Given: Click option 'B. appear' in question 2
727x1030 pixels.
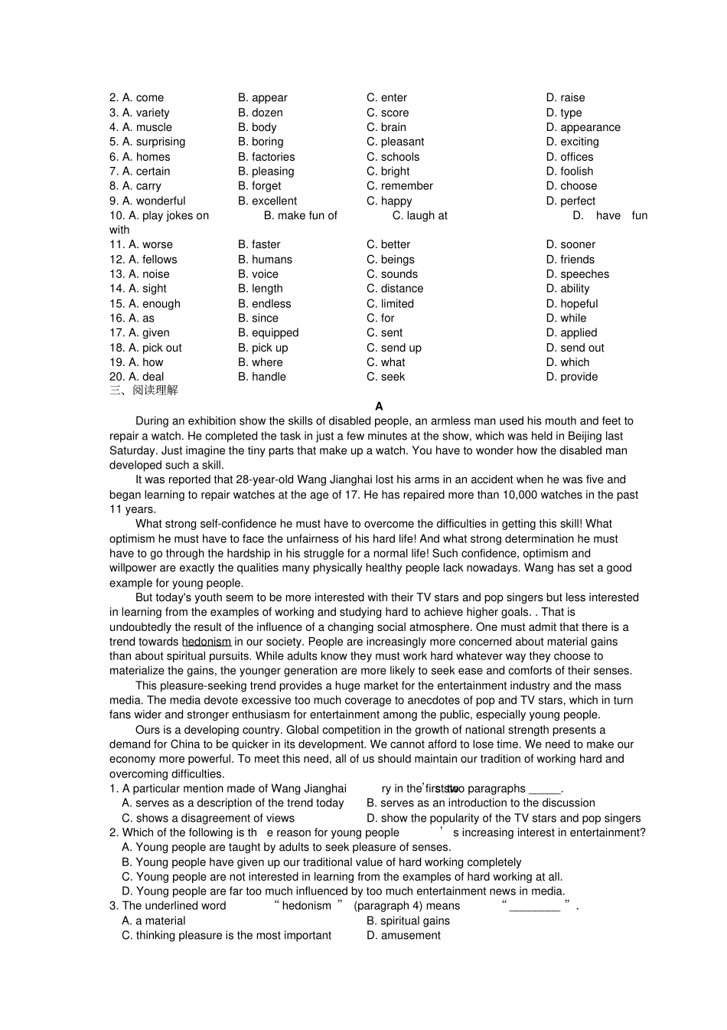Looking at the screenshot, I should coord(262,98).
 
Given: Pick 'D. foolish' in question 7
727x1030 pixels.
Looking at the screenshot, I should coord(569,172).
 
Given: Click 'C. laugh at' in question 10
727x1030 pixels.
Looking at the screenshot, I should coord(419,216).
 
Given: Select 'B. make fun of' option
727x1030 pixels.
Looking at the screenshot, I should coord(300,216).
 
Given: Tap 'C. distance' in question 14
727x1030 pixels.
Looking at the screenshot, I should coord(394,289).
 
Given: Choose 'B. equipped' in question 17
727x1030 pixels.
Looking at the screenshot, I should coord(268,333).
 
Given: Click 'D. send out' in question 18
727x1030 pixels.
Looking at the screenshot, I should coord(575,348).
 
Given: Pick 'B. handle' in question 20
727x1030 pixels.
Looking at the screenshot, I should coord(262,377).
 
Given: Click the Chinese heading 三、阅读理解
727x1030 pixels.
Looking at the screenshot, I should coord(144,391).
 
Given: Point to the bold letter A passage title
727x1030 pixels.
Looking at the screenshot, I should coord(379,407).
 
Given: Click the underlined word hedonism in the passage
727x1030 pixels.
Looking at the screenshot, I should coord(207,642).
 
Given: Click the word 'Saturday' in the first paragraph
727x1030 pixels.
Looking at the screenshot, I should coord(133,451).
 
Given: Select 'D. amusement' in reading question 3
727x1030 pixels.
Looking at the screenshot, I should coord(403,936).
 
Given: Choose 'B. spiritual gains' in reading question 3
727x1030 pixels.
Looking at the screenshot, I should coord(408,921).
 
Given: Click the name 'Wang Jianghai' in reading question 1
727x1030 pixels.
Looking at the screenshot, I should coord(310,789).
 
